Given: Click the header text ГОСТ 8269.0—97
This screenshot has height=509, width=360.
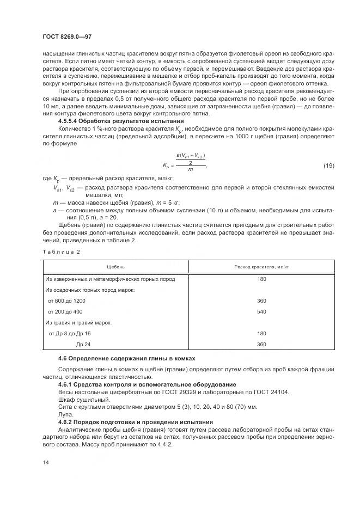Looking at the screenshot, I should click(x=68, y=36).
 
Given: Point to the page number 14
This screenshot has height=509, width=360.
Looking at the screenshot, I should click(x=45, y=463).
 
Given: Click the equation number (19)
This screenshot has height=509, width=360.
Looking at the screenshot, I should click(x=328, y=165).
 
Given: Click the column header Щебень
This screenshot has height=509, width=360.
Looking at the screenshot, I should click(x=115, y=267).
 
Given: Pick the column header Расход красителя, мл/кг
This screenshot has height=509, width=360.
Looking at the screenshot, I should click(x=261, y=267).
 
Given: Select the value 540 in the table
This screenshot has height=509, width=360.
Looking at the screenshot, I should click(x=261, y=311).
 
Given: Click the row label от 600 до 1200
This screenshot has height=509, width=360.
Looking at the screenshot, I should click(x=66, y=301).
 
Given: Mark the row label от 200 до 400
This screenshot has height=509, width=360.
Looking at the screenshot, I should click(x=65, y=311).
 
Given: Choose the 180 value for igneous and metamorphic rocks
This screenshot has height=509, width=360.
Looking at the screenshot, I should click(x=261, y=279).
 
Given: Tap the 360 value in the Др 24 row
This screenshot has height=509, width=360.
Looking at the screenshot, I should click(x=261, y=344).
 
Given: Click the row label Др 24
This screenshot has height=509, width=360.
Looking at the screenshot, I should click(x=83, y=344).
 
